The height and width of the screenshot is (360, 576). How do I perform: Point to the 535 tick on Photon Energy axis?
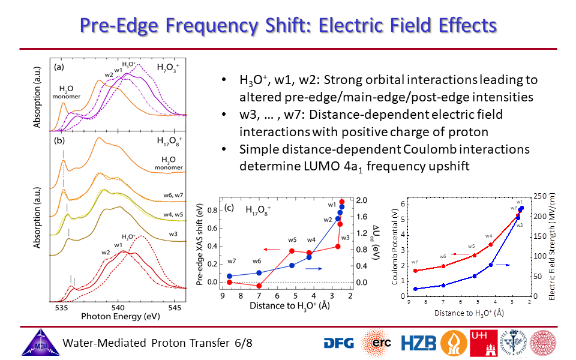pyautogui.click(x=61, y=307)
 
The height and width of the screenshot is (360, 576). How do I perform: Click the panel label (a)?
pyautogui.click(x=59, y=67)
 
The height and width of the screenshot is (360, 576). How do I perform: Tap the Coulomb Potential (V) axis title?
pyautogui.click(x=395, y=246)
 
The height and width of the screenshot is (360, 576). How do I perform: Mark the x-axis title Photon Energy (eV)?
pyautogui.click(x=116, y=316)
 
